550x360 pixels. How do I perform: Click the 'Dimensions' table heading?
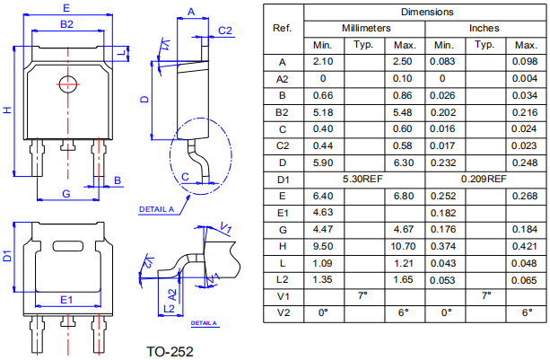pyautogui.click(x=427, y=12)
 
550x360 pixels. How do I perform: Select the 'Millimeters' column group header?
pyautogui.click(x=363, y=28)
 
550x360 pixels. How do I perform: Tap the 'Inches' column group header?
pyautogui.click(x=485, y=28)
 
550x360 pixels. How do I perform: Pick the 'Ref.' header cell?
pyautogui.click(x=283, y=28)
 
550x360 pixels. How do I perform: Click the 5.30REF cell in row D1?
pyautogui.click(x=363, y=180)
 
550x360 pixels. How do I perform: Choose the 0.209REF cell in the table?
pyautogui.click(x=485, y=180)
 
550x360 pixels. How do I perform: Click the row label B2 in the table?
pyautogui.click(x=283, y=112)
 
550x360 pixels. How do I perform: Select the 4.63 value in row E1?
pyautogui.click(x=324, y=212)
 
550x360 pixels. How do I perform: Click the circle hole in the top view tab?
pyautogui.click(x=66, y=85)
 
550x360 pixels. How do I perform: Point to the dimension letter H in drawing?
pyautogui.click(x=7, y=110)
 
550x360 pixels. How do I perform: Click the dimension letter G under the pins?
pyautogui.click(x=65, y=195)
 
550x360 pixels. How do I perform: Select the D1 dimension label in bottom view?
pyautogui.click(x=7, y=258)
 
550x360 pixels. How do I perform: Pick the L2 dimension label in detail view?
pyautogui.click(x=169, y=309)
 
